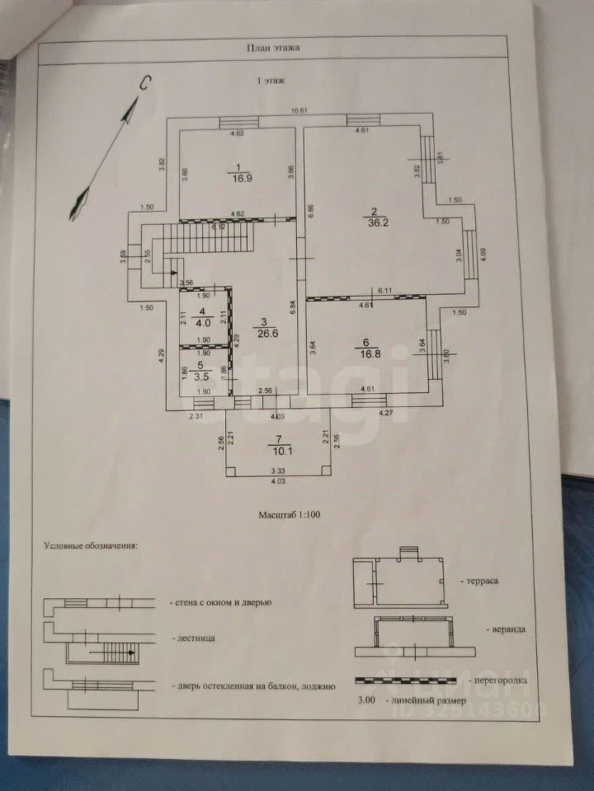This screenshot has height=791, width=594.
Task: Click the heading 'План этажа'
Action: tap(272, 47)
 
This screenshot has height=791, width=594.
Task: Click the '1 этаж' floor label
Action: tap(272, 81)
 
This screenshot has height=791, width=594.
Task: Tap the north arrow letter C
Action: tap(144, 82)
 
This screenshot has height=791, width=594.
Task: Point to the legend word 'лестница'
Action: tap(195, 639)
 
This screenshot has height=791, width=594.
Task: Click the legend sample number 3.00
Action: tap(365, 700)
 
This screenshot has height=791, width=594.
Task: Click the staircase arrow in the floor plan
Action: tap(171, 268)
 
